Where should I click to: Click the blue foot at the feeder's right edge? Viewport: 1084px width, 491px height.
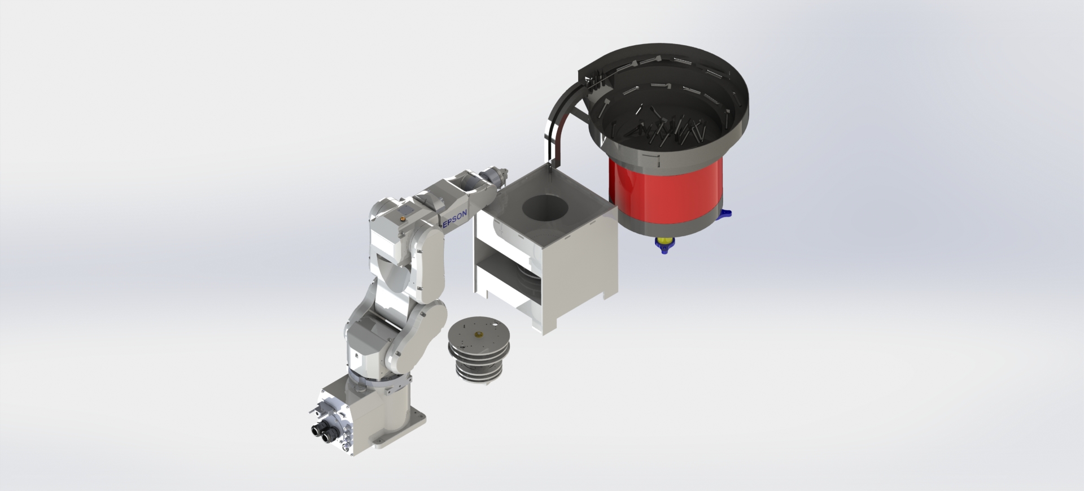pyautogui.click(x=724, y=214)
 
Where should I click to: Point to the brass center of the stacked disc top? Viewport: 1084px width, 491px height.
pyautogui.click(x=480, y=334)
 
